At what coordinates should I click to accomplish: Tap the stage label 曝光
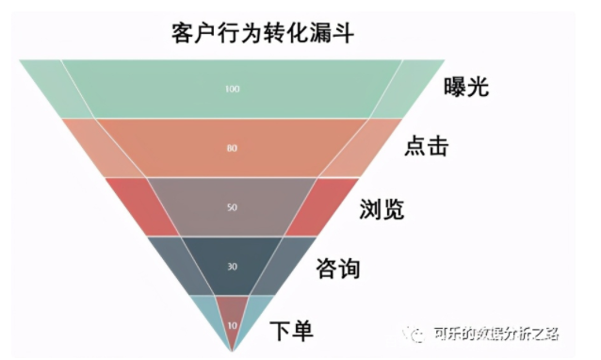467,89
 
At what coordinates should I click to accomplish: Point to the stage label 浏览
382,208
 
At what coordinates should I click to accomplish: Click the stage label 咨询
337,269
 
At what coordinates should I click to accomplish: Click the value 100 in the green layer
233,89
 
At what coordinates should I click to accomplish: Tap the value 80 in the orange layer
233,148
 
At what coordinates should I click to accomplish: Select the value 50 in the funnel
233,206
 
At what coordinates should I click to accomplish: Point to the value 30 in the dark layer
233,266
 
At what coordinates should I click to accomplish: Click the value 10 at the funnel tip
233,325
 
